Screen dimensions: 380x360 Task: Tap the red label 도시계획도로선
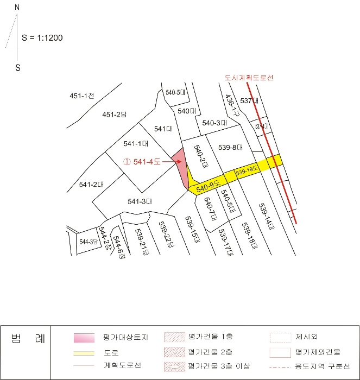(x=245, y=78)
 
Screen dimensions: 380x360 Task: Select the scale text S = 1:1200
(x=42, y=39)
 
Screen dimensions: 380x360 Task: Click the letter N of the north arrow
(x=17, y=8)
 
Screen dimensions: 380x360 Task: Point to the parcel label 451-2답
(x=114, y=115)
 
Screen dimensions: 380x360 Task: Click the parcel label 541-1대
(x=136, y=144)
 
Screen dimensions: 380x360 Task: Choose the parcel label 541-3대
(x=140, y=201)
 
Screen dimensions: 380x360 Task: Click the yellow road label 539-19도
(x=247, y=171)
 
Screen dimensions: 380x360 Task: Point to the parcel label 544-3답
(x=88, y=241)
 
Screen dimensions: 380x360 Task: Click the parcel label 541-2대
(x=91, y=185)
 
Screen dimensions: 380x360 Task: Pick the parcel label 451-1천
(x=82, y=96)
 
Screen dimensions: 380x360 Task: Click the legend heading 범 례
(x=25, y=340)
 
